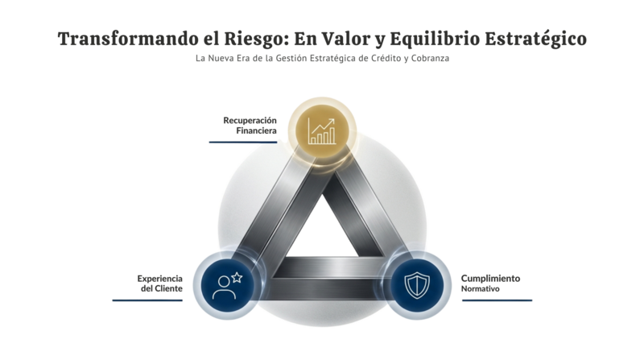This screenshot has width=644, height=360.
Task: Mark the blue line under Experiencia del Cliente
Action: (x=147, y=300)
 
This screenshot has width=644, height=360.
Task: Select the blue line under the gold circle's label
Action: (x=242, y=142)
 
